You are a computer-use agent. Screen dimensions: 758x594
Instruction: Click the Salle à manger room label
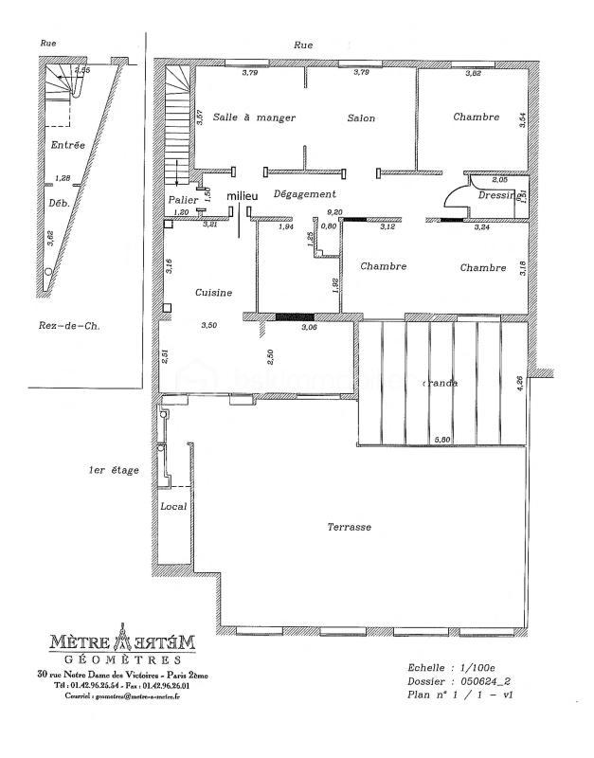254,118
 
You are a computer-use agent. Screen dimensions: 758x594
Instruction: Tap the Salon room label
361,118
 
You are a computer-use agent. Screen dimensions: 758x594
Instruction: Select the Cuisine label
214,293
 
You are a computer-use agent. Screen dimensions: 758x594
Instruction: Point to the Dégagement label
305,193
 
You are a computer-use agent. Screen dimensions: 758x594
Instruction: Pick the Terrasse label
350,528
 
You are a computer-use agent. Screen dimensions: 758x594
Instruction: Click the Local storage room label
173,506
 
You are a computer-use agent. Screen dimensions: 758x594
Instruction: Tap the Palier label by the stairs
183,201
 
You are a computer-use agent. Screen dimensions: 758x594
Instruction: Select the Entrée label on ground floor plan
68,145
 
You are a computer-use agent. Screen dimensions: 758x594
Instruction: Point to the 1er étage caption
111,470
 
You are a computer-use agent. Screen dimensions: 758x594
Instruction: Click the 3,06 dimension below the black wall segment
308,327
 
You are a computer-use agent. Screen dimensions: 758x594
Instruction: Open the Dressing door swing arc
455,192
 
